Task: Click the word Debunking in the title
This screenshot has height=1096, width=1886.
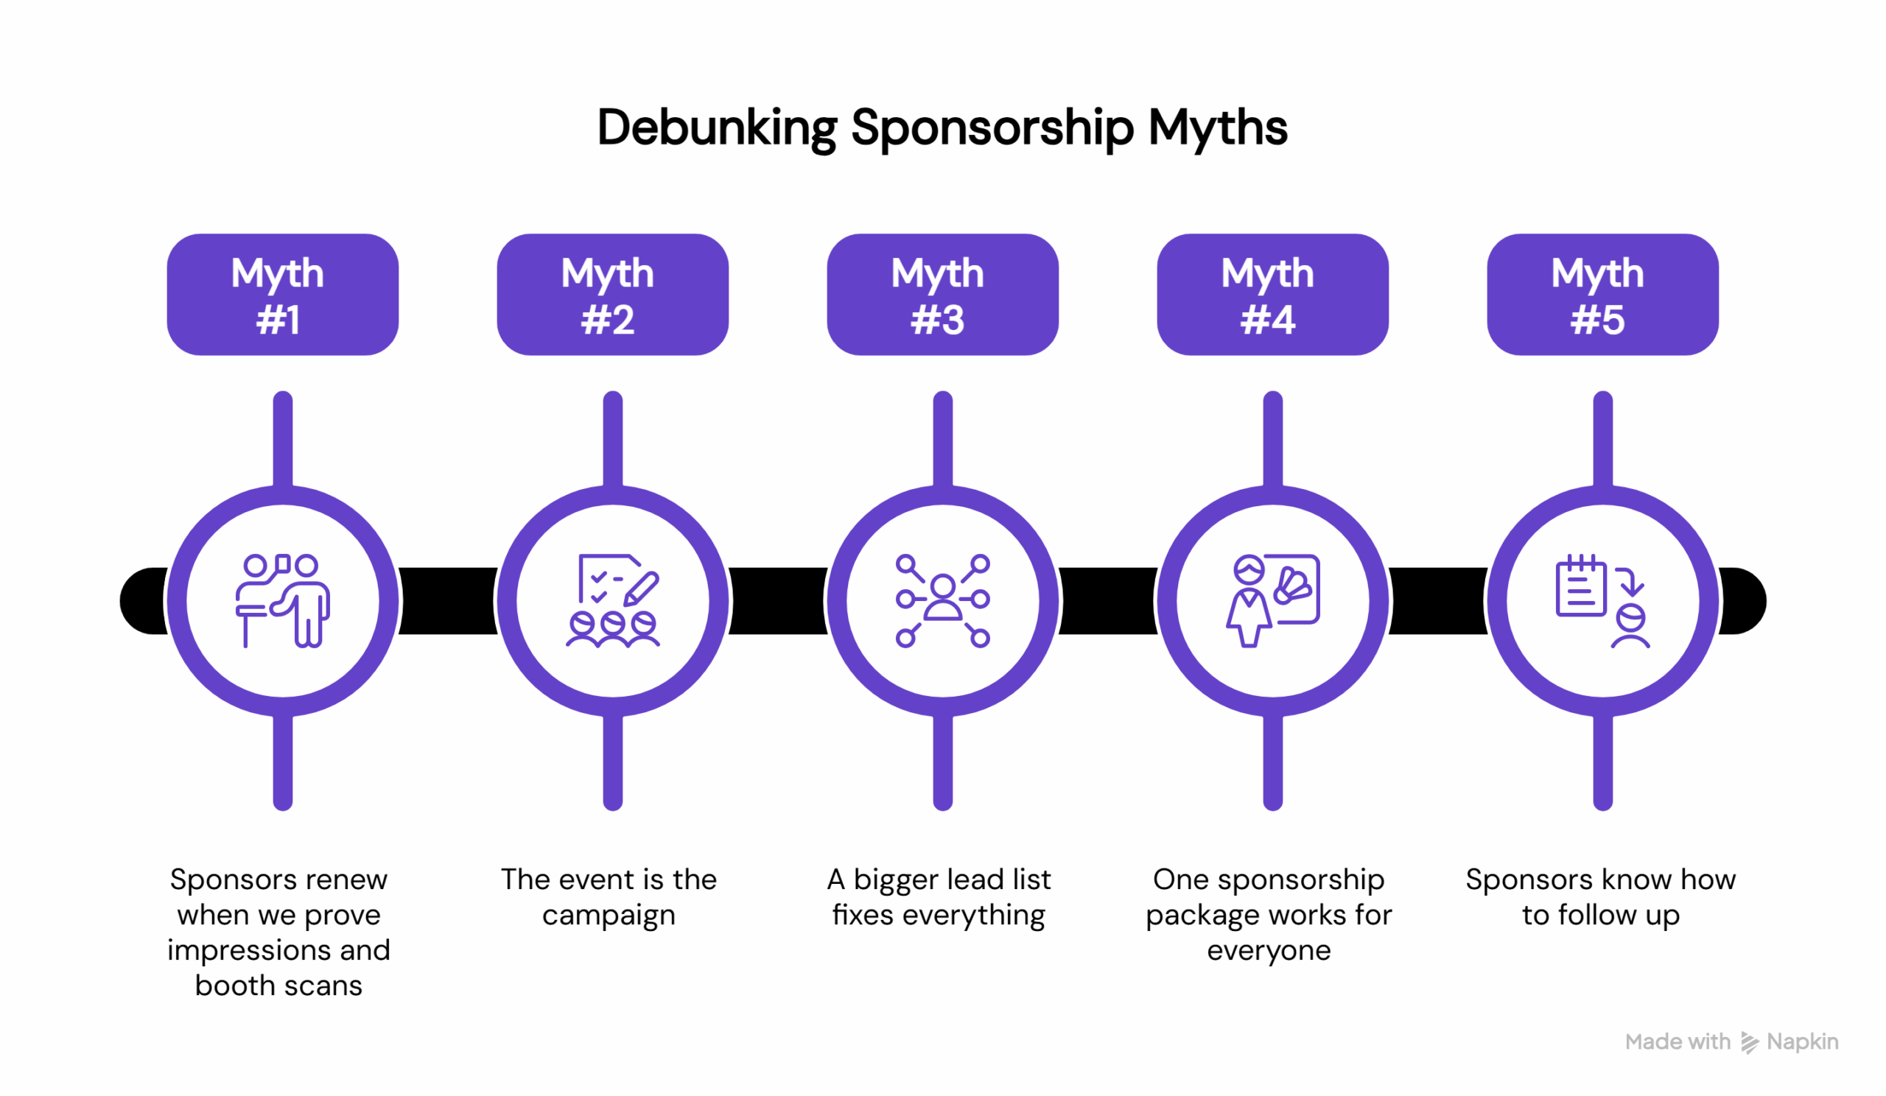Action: pyautogui.click(x=716, y=127)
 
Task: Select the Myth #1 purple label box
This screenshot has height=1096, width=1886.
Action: pyautogui.click(x=282, y=294)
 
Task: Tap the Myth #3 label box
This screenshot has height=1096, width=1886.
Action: pyautogui.click(x=942, y=294)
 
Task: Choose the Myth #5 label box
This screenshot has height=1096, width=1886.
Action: pyautogui.click(x=1602, y=294)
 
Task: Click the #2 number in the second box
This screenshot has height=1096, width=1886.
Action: pyautogui.click(x=608, y=320)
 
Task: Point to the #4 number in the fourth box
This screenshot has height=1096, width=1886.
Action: pyautogui.click(x=1267, y=320)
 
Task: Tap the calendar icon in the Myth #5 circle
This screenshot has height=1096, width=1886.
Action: pyautogui.click(x=1580, y=588)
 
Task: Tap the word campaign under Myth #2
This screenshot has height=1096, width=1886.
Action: pyautogui.click(x=609, y=915)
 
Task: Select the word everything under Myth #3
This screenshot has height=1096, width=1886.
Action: pyautogui.click(x=973, y=915)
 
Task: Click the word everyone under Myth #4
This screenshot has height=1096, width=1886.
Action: pyautogui.click(x=1269, y=950)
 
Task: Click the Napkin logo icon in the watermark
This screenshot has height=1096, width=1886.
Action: pyautogui.click(x=1748, y=1042)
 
